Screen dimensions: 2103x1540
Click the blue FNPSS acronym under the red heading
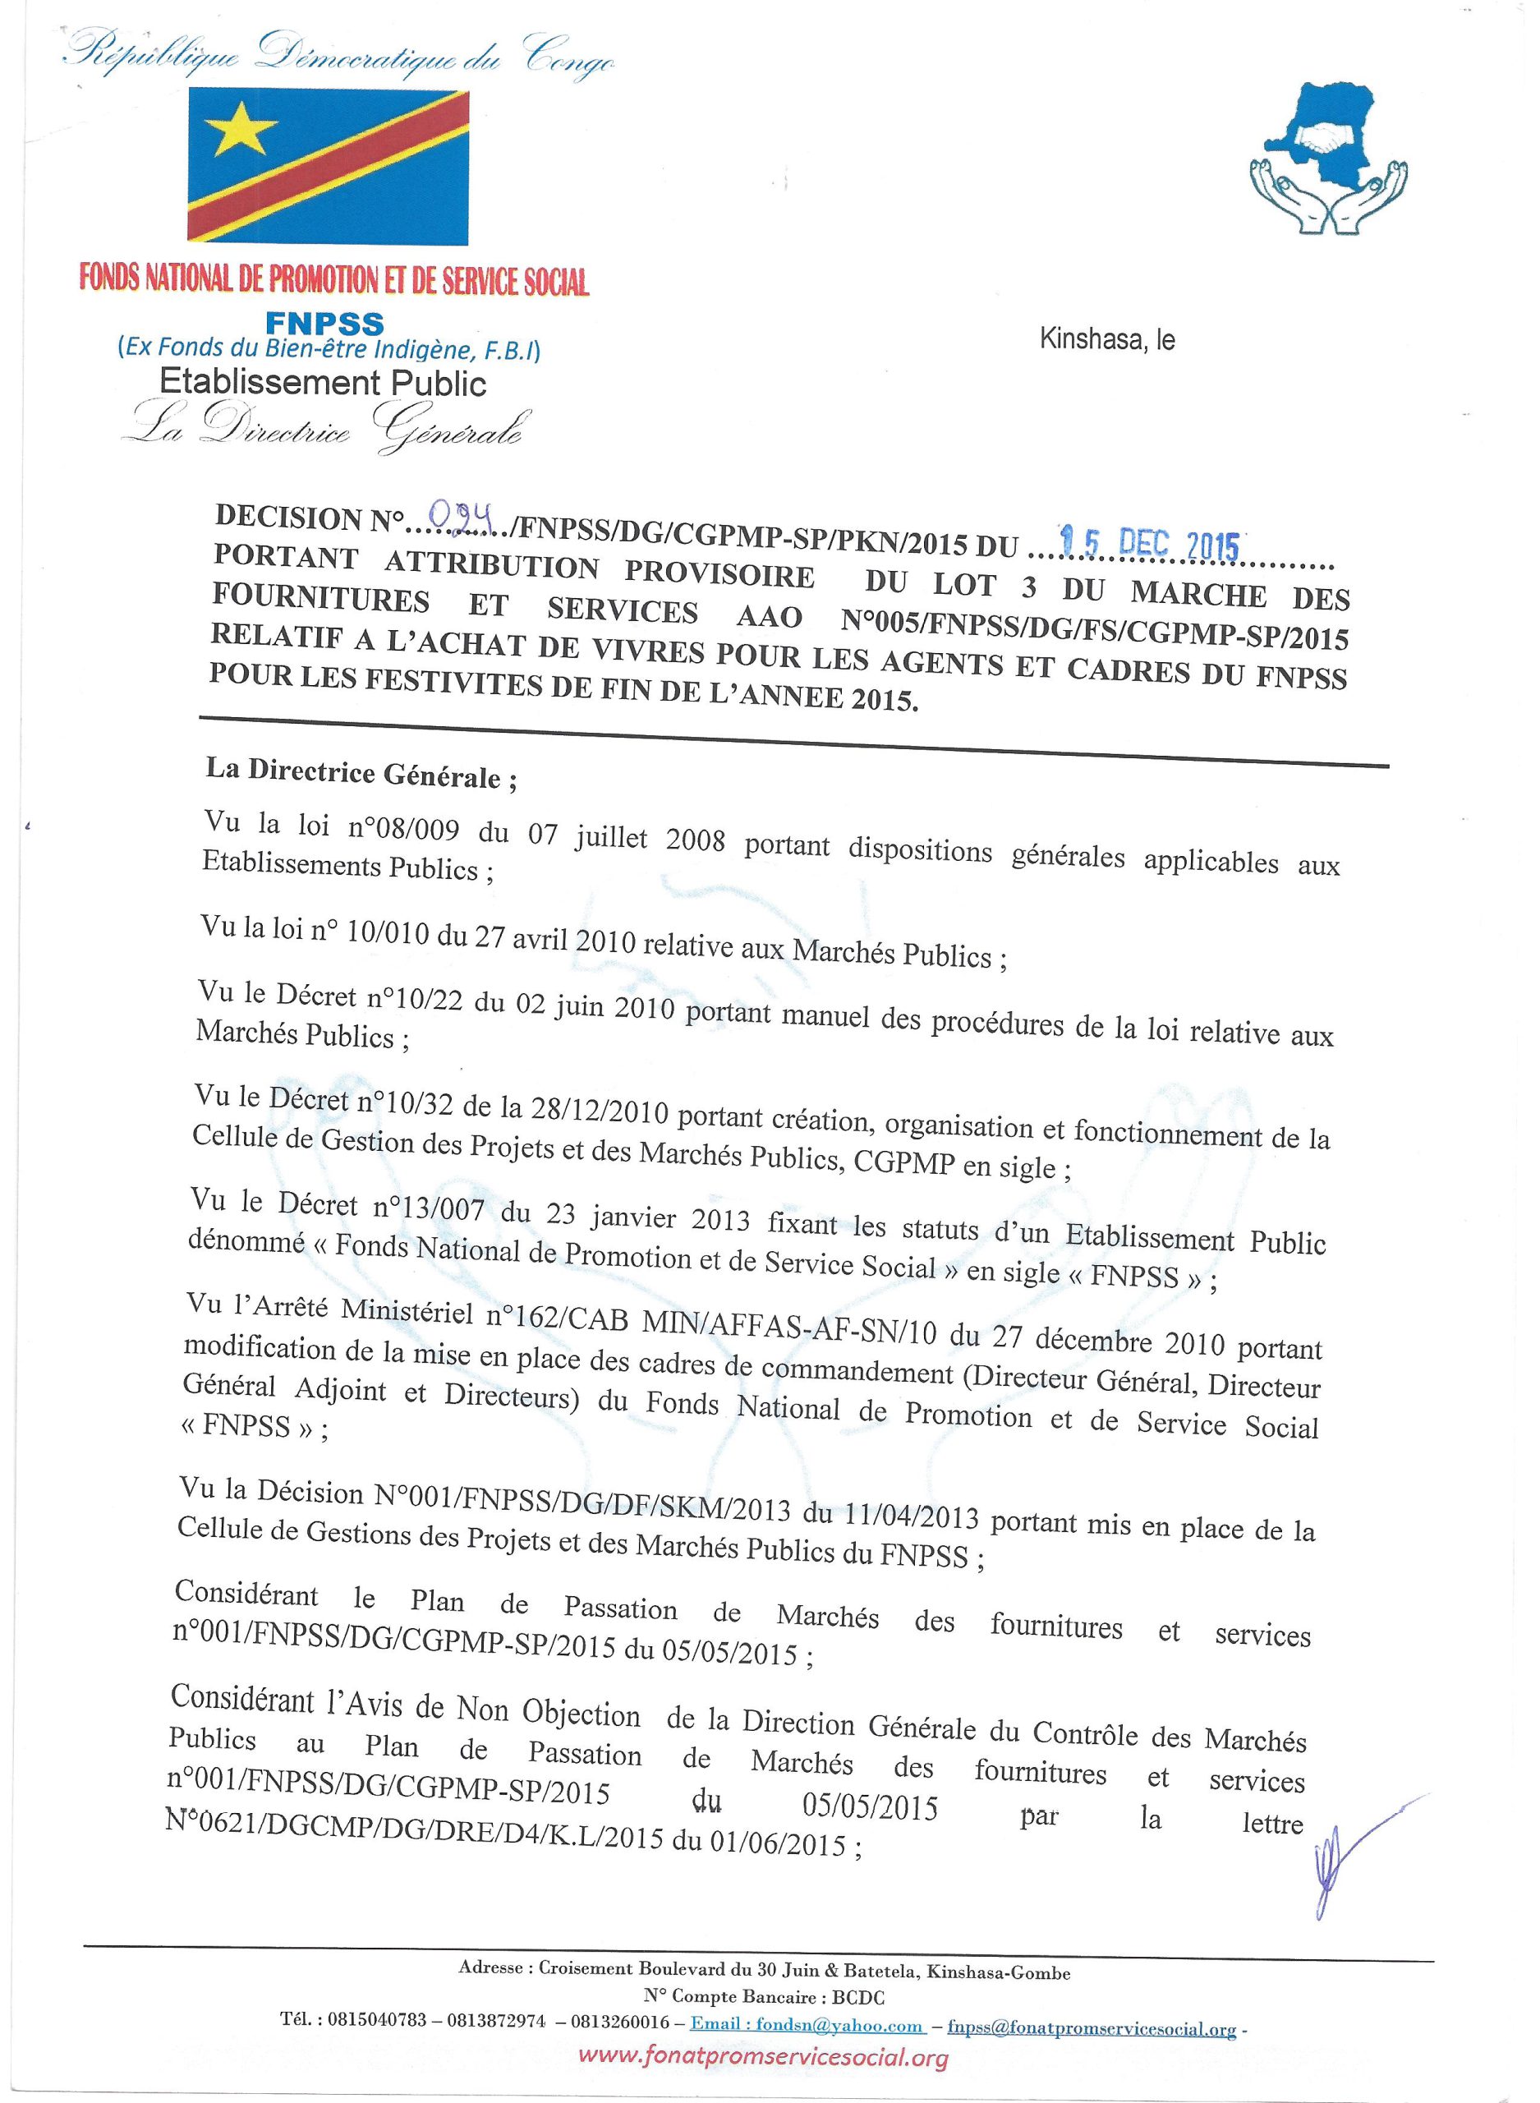(x=324, y=324)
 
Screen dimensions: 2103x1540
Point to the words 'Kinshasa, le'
(x=1106, y=340)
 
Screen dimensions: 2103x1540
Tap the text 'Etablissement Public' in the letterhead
(x=324, y=382)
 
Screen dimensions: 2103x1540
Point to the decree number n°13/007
(x=430, y=1208)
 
